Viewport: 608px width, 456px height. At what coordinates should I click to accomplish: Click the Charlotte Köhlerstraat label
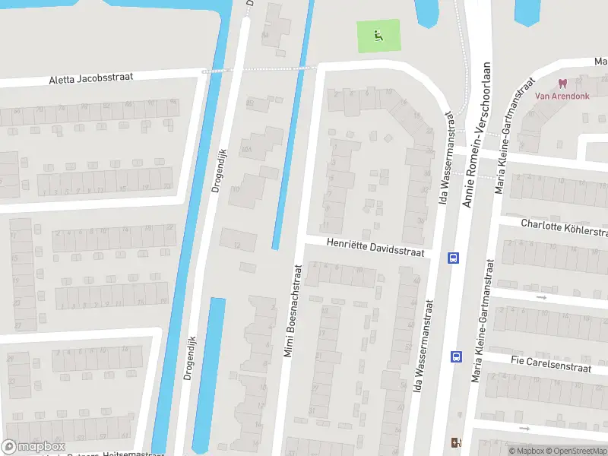click(x=564, y=226)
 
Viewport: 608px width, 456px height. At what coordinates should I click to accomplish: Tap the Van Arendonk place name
click(x=563, y=96)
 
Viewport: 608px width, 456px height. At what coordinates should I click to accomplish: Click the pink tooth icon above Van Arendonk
click(x=563, y=83)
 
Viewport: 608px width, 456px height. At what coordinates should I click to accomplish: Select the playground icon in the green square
click(x=378, y=34)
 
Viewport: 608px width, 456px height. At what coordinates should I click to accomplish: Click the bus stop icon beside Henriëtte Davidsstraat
click(x=454, y=257)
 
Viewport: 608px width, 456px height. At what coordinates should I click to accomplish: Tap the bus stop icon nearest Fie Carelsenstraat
click(x=456, y=355)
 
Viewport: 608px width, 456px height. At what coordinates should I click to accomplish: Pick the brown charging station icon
click(x=456, y=442)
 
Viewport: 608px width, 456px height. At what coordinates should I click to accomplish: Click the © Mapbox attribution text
click(x=527, y=451)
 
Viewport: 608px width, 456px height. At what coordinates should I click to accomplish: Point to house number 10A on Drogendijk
click(x=246, y=150)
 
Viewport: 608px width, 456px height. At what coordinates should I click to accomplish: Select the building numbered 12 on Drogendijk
click(x=237, y=245)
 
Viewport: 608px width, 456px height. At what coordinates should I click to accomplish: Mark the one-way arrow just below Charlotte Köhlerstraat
click(x=541, y=297)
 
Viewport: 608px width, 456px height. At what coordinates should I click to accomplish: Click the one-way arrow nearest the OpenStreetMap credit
click(x=524, y=429)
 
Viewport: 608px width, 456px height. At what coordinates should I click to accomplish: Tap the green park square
click(x=378, y=36)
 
